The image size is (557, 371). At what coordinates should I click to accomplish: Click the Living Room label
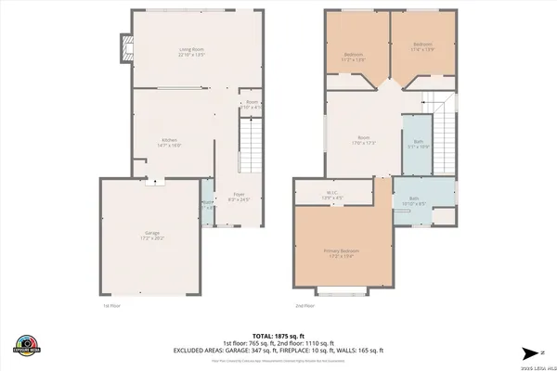(192, 51)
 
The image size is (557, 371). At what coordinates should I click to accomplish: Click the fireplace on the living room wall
(121, 48)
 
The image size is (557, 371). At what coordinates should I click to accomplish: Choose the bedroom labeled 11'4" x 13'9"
(422, 46)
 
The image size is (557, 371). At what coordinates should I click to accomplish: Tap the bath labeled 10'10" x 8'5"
(415, 201)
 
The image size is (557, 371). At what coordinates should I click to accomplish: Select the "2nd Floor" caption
(305, 305)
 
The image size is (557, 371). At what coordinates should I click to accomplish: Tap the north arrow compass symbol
(530, 352)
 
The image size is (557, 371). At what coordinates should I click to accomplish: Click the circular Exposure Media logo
(28, 344)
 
